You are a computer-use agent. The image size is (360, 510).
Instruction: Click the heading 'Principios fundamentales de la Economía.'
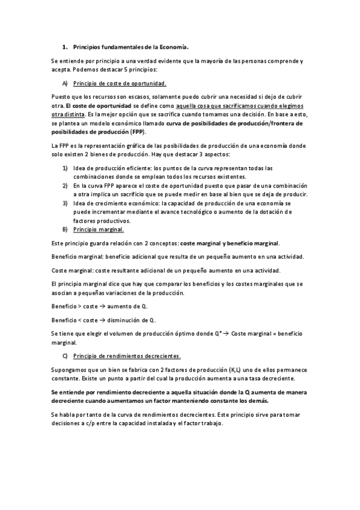[x=130, y=46]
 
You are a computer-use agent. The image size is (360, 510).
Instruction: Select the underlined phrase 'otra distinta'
[x=67, y=113]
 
